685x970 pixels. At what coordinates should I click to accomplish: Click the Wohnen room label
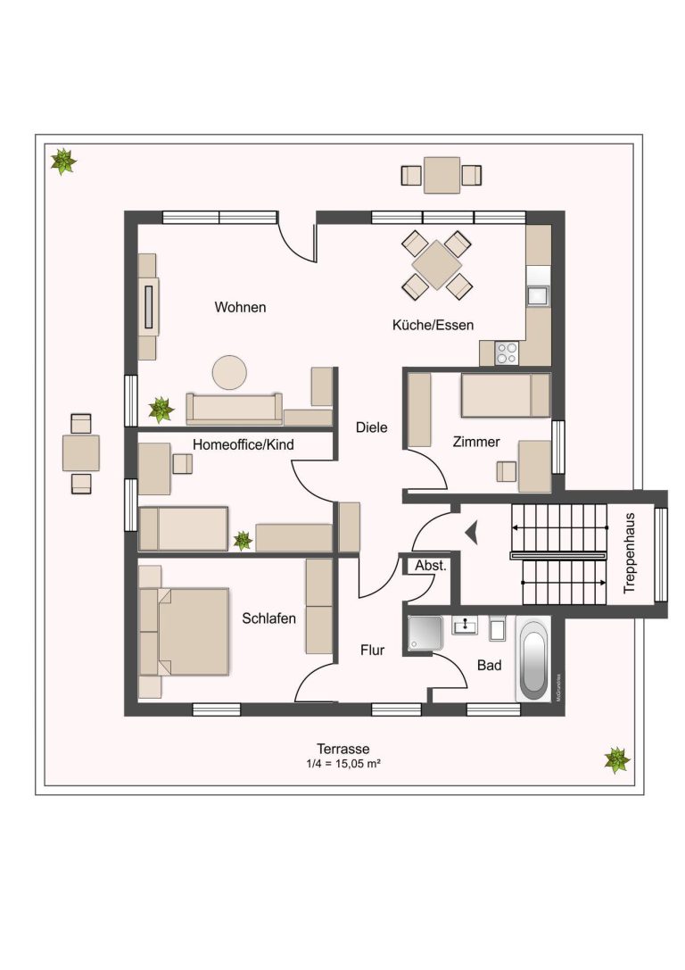pyautogui.click(x=240, y=308)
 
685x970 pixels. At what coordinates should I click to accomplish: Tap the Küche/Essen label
pyautogui.click(x=433, y=325)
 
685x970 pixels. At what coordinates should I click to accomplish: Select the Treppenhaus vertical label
pyautogui.click(x=630, y=552)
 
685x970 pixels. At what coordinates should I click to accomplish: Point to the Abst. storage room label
pyautogui.click(x=430, y=566)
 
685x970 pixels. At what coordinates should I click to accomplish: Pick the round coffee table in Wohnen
pyautogui.click(x=229, y=372)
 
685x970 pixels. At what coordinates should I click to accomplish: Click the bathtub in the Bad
pyautogui.click(x=532, y=659)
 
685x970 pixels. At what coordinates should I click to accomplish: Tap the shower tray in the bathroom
pyautogui.click(x=425, y=634)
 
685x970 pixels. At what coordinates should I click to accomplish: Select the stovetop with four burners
pyautogui.click(x=507, y=353)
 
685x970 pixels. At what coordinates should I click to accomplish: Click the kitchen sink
pyautogui.click(x=537, y=295)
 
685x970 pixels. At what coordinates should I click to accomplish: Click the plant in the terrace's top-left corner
pyautogui.click(x=62, y=162)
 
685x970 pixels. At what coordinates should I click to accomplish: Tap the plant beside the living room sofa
pyautogui.click(x=161, y=410)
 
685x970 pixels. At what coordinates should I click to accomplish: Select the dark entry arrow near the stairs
pyautogui.click(x=473, y=532)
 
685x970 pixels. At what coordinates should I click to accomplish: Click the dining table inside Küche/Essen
pyautogui.click(x=437, y=265)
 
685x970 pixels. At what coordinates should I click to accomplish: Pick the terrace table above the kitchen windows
pyautogui.click(x=442, y=175)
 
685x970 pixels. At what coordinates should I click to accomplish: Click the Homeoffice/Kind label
pyautogui.click(x=243, y=444)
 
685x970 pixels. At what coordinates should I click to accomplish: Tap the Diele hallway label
pyautogui.click(x=372, y=427)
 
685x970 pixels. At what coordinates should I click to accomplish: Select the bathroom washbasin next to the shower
pyautogui.click(x=465, y=626)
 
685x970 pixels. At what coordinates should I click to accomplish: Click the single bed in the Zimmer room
pyautogui.click(x=505, y=395)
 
